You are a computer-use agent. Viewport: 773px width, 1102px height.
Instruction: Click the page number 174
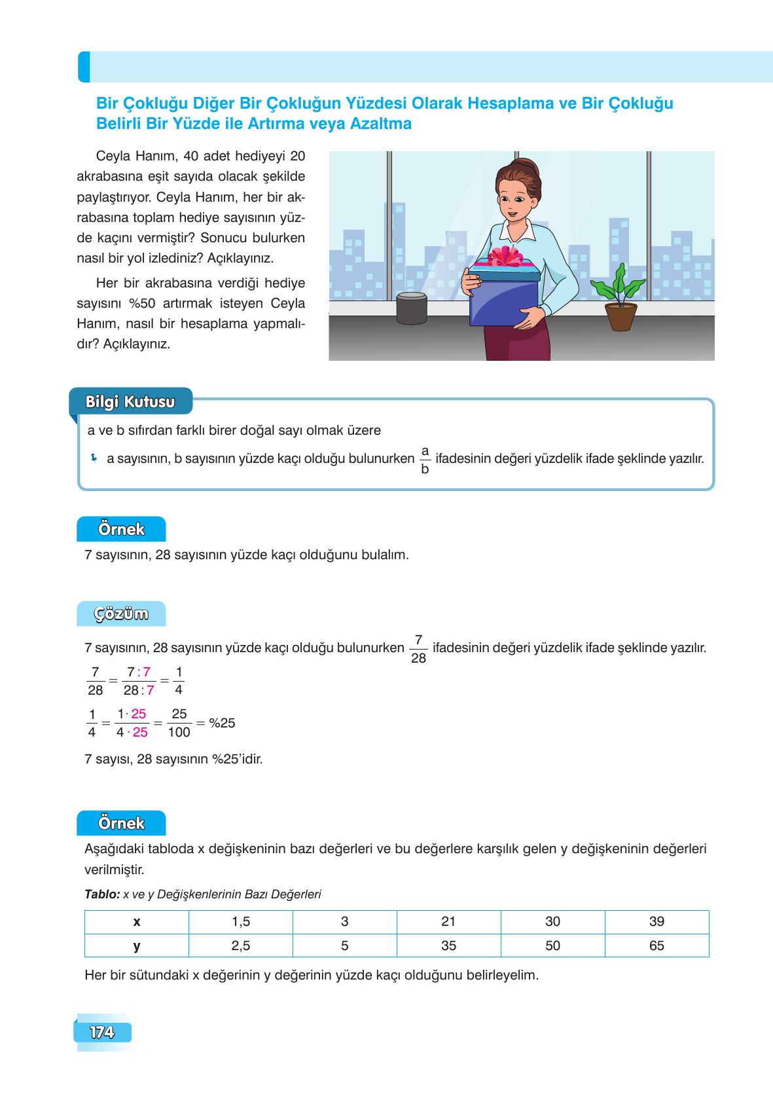[102, 1033]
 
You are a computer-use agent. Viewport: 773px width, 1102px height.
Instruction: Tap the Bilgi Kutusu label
[130, 401]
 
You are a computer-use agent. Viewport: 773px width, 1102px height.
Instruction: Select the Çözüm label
[121, 614]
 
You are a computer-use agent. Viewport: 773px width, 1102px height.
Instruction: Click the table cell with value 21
[448, 921]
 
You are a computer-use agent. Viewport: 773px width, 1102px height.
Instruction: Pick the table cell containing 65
[656, 946]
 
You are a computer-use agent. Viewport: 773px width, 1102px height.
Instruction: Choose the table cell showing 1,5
[241, 921]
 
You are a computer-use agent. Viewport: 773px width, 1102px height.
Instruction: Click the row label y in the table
[137, 946]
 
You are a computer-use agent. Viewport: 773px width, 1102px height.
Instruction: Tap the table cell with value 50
[552, 946]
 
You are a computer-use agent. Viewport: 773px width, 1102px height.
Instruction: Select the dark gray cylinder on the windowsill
[412, 308]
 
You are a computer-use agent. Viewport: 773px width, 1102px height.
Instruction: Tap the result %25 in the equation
[222, 723]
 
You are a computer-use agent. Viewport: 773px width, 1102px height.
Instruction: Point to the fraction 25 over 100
[179, 723]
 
